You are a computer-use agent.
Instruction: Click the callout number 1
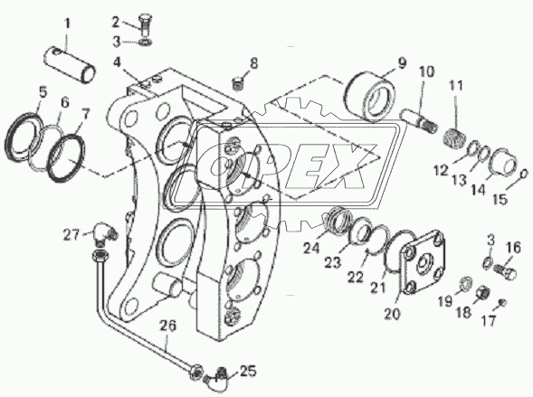click(67, 24)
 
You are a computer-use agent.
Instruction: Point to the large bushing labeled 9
click(370, 95)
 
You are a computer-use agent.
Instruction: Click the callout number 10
click(427, 72)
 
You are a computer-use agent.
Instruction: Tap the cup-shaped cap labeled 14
click(504, 163)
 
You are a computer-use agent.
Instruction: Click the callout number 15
click(500, 199)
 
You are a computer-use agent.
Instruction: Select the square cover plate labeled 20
click(424, 263)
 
